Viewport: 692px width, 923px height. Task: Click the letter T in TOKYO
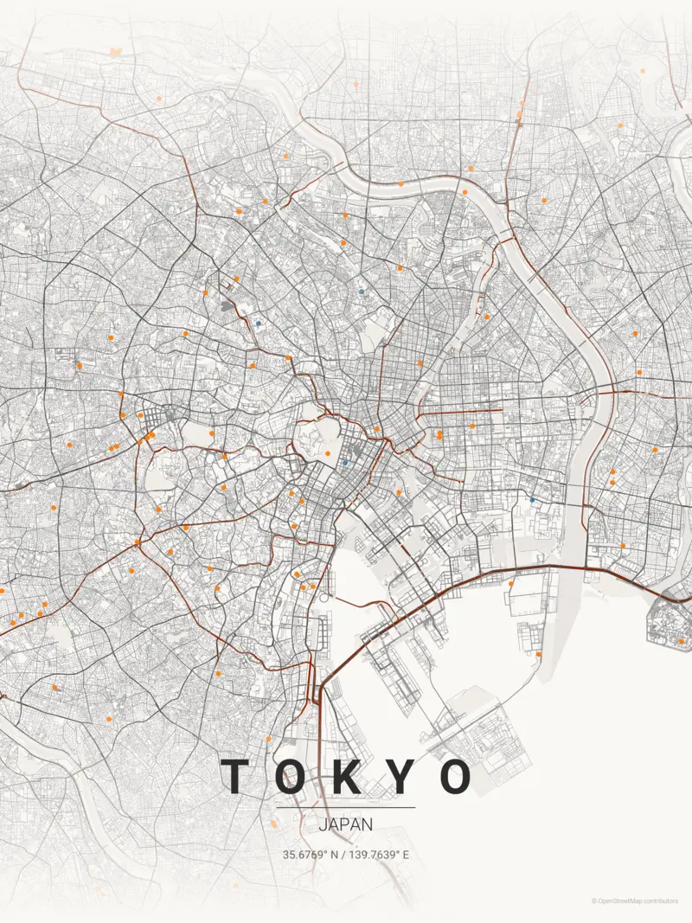[236, 776]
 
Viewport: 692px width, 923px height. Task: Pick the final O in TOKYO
[455, 776]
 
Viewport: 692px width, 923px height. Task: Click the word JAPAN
[346, 824]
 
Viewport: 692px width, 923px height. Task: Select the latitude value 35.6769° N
[311, 855]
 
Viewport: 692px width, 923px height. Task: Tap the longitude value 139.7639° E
[378, 855]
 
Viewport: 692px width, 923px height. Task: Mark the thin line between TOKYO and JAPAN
[346, 808]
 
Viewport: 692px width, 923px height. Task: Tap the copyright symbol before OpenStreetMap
[594, 901]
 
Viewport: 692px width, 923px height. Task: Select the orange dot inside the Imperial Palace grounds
[328, 453]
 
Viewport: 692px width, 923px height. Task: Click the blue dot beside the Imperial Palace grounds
[345, 463]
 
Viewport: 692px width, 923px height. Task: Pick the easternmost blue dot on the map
[532, 499]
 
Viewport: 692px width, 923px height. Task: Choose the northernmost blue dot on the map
[361, 292]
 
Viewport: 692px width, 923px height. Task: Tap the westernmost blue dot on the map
[258, 324]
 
